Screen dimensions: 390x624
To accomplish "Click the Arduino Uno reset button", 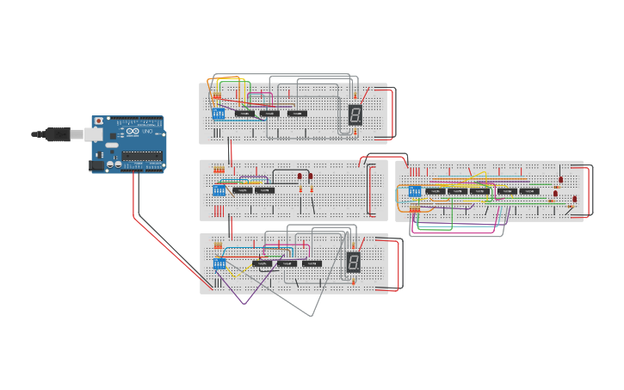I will click(99, 121).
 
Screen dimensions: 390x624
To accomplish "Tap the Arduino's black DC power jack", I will click(97, 165).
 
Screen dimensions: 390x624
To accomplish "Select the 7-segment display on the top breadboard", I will click(355, 114).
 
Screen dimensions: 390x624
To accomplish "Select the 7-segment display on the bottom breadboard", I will click(353, 263).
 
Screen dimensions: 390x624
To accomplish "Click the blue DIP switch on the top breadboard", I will click(219, 114).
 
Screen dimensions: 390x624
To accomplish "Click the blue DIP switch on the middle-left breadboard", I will click(219, 190).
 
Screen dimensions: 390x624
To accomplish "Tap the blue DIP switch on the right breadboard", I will click(415, 191).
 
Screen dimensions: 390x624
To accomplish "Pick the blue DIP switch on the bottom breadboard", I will click(219, 263).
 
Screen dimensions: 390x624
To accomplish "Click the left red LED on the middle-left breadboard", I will click(300, 176).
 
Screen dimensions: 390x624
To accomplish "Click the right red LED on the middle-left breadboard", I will click(311, 176).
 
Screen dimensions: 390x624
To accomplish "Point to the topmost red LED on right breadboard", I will click(561, 180).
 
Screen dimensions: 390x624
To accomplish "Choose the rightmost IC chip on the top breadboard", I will click(297, 113).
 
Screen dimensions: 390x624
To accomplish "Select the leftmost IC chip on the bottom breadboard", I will click(262, 263).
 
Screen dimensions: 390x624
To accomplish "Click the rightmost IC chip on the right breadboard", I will click(530, 191).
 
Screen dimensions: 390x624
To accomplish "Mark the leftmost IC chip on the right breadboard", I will click(436, 191).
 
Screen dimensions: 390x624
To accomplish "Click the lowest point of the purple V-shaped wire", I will click(244, 304).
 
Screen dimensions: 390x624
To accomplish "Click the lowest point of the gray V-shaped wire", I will click(311, 316).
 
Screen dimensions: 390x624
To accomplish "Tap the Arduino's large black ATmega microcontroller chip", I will click(142, 156).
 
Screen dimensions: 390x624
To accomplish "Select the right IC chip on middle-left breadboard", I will click(265, 190).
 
